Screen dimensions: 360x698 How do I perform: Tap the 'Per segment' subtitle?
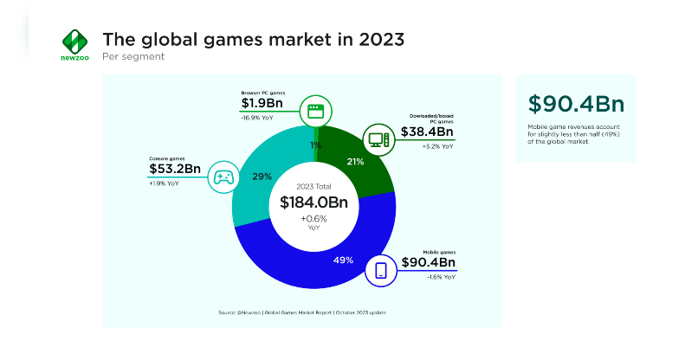(133, 57)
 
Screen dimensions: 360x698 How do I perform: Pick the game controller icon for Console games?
(223, 177)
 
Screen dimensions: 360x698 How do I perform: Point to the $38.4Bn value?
(428, 132)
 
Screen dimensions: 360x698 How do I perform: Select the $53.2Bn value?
(175, 170)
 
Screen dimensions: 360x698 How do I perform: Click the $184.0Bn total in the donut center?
(313, 202)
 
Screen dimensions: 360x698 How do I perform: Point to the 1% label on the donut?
(315, 145)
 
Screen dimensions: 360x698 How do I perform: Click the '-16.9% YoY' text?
(258, 119)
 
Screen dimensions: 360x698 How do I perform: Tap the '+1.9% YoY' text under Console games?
(163, 183)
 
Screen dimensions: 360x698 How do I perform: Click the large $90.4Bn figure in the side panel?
(576, 104)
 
